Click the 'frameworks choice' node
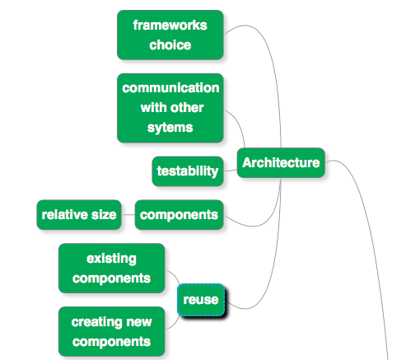pos(170,35)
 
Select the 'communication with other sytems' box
pos(170,107)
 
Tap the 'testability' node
pos(188,171)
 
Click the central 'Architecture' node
pos(281,162)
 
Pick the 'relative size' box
pos(78,215)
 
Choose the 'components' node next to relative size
pos(180,215)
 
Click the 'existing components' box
pos(111,268)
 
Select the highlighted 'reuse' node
pos(201,299)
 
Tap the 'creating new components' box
pos(111,331)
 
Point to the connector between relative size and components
pos(127,215)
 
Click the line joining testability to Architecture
pos(230,171)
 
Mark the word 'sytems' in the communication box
pos(170,128)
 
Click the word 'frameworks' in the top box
pos(170,25)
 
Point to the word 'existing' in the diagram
pos(111,258)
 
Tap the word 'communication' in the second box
pos(170,87)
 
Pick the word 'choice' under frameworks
pos(170,44)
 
